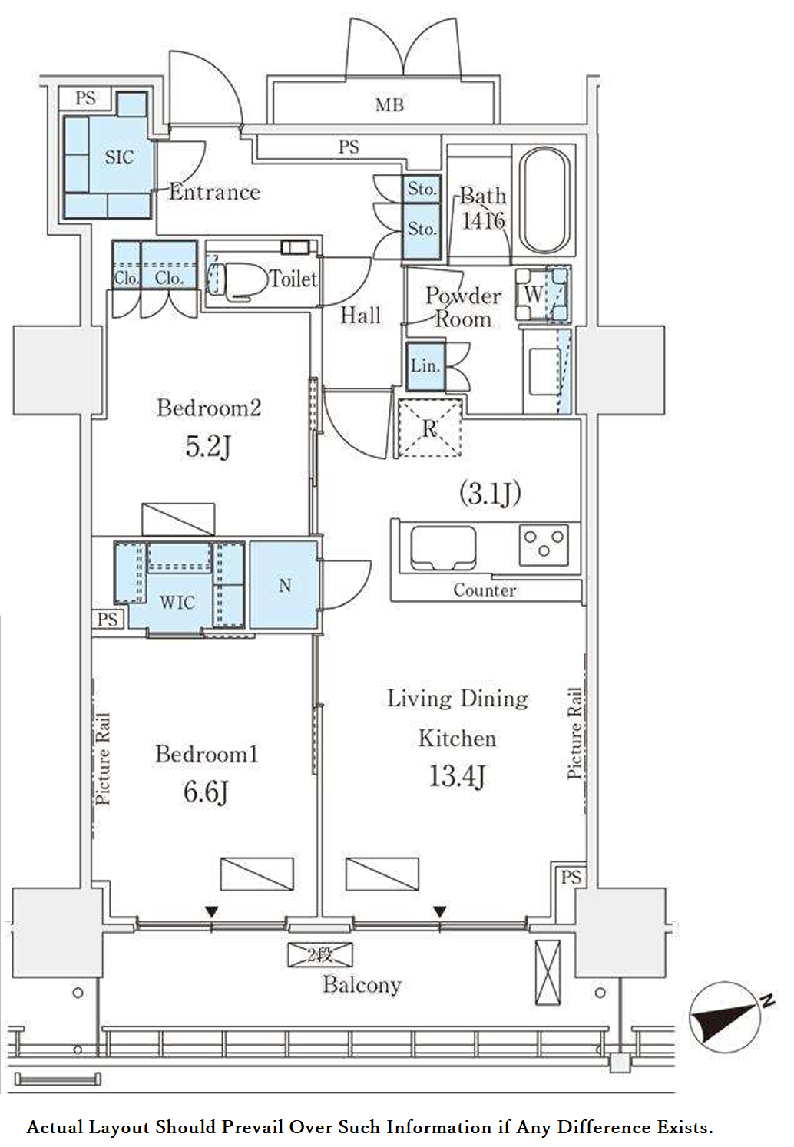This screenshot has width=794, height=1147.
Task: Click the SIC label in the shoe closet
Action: [119, 157]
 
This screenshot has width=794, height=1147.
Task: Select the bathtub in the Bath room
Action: [544, 200]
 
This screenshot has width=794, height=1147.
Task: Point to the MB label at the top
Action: [389, 105]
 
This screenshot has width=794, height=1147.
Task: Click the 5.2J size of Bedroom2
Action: [208, 447]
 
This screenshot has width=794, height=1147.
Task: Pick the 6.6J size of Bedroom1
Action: [206, 792]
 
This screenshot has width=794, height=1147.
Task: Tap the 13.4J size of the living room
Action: [457, 776]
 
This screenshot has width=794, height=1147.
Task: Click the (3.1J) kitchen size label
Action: [490, 494]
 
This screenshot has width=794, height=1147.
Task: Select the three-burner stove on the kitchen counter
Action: [544, 544]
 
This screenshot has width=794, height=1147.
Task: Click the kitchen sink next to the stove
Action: [443, 547]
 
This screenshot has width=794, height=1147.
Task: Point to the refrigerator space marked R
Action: [430, 428]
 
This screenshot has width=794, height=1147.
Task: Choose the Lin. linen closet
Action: [425, 366]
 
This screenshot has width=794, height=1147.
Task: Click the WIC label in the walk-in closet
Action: [177, 603]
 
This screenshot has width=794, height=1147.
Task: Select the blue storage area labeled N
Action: [283, 585]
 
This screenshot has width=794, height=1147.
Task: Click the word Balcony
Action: [362, 985]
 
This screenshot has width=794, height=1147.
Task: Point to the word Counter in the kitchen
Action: [484, 590]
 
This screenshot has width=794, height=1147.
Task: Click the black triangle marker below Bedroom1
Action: [212, 911]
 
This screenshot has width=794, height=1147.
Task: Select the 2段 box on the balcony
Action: [320, 955]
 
